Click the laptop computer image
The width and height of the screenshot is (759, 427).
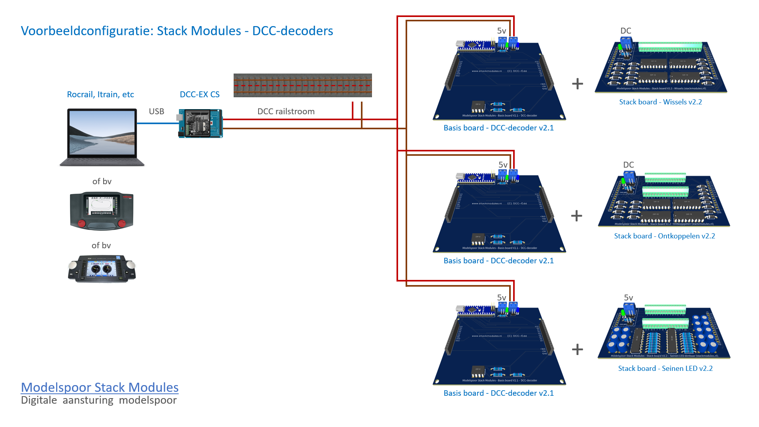(x=102, y=137)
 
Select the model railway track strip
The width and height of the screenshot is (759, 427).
(x=302, y=85)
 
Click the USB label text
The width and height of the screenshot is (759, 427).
(x=156, y=111)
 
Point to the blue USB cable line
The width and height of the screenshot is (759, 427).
(x=157, y=123)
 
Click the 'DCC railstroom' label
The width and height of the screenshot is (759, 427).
(x=286, y=111)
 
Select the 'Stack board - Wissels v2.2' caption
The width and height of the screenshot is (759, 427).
(x=660, y=102)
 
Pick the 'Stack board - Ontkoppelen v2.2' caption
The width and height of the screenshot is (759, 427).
(x=664, y=236)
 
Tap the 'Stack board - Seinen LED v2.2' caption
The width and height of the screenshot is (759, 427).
(x=665, y=368)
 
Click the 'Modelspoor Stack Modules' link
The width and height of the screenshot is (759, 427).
(x=100, y=387)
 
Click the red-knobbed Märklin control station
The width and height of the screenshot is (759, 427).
(x=102, y=211)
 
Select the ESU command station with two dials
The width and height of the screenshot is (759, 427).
(x=102, y=269)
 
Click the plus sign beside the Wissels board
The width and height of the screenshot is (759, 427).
(x=577, y=83)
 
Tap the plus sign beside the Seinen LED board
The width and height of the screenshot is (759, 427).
(x=577, y=349)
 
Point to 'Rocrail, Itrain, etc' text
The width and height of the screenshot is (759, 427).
(x=100, y=94)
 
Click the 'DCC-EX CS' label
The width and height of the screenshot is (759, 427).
(x=200, y=94)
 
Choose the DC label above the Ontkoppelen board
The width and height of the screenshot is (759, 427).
(x=628, y=165)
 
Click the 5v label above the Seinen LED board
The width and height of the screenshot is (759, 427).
(x=628, y=298)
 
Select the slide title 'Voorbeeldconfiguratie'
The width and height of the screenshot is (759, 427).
(x=177, y=31)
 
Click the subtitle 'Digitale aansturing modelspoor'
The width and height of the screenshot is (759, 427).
(x=99, y=400)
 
